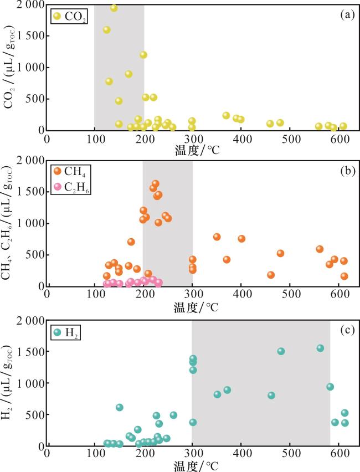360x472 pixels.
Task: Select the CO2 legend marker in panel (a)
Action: point(57,16)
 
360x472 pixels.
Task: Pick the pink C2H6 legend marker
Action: point(57,188)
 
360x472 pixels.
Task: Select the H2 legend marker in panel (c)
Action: point(57,332)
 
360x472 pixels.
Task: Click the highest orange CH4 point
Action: point(156,184)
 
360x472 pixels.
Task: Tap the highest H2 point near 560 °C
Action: point(320,348)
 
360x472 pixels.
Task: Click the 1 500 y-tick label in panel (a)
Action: point(29,36)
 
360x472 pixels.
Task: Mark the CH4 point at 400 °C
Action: point(241,239)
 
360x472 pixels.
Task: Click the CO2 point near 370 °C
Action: point(226,115)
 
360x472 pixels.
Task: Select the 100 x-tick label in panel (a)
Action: point(95,139)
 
